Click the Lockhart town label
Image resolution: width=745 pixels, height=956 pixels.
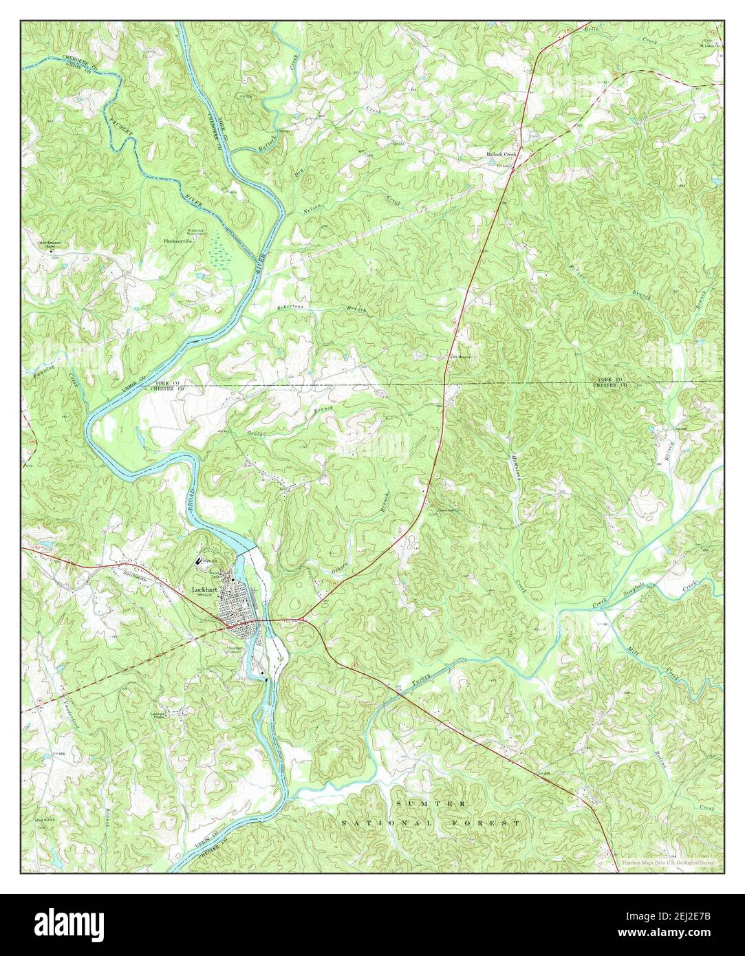coord(206,591)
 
